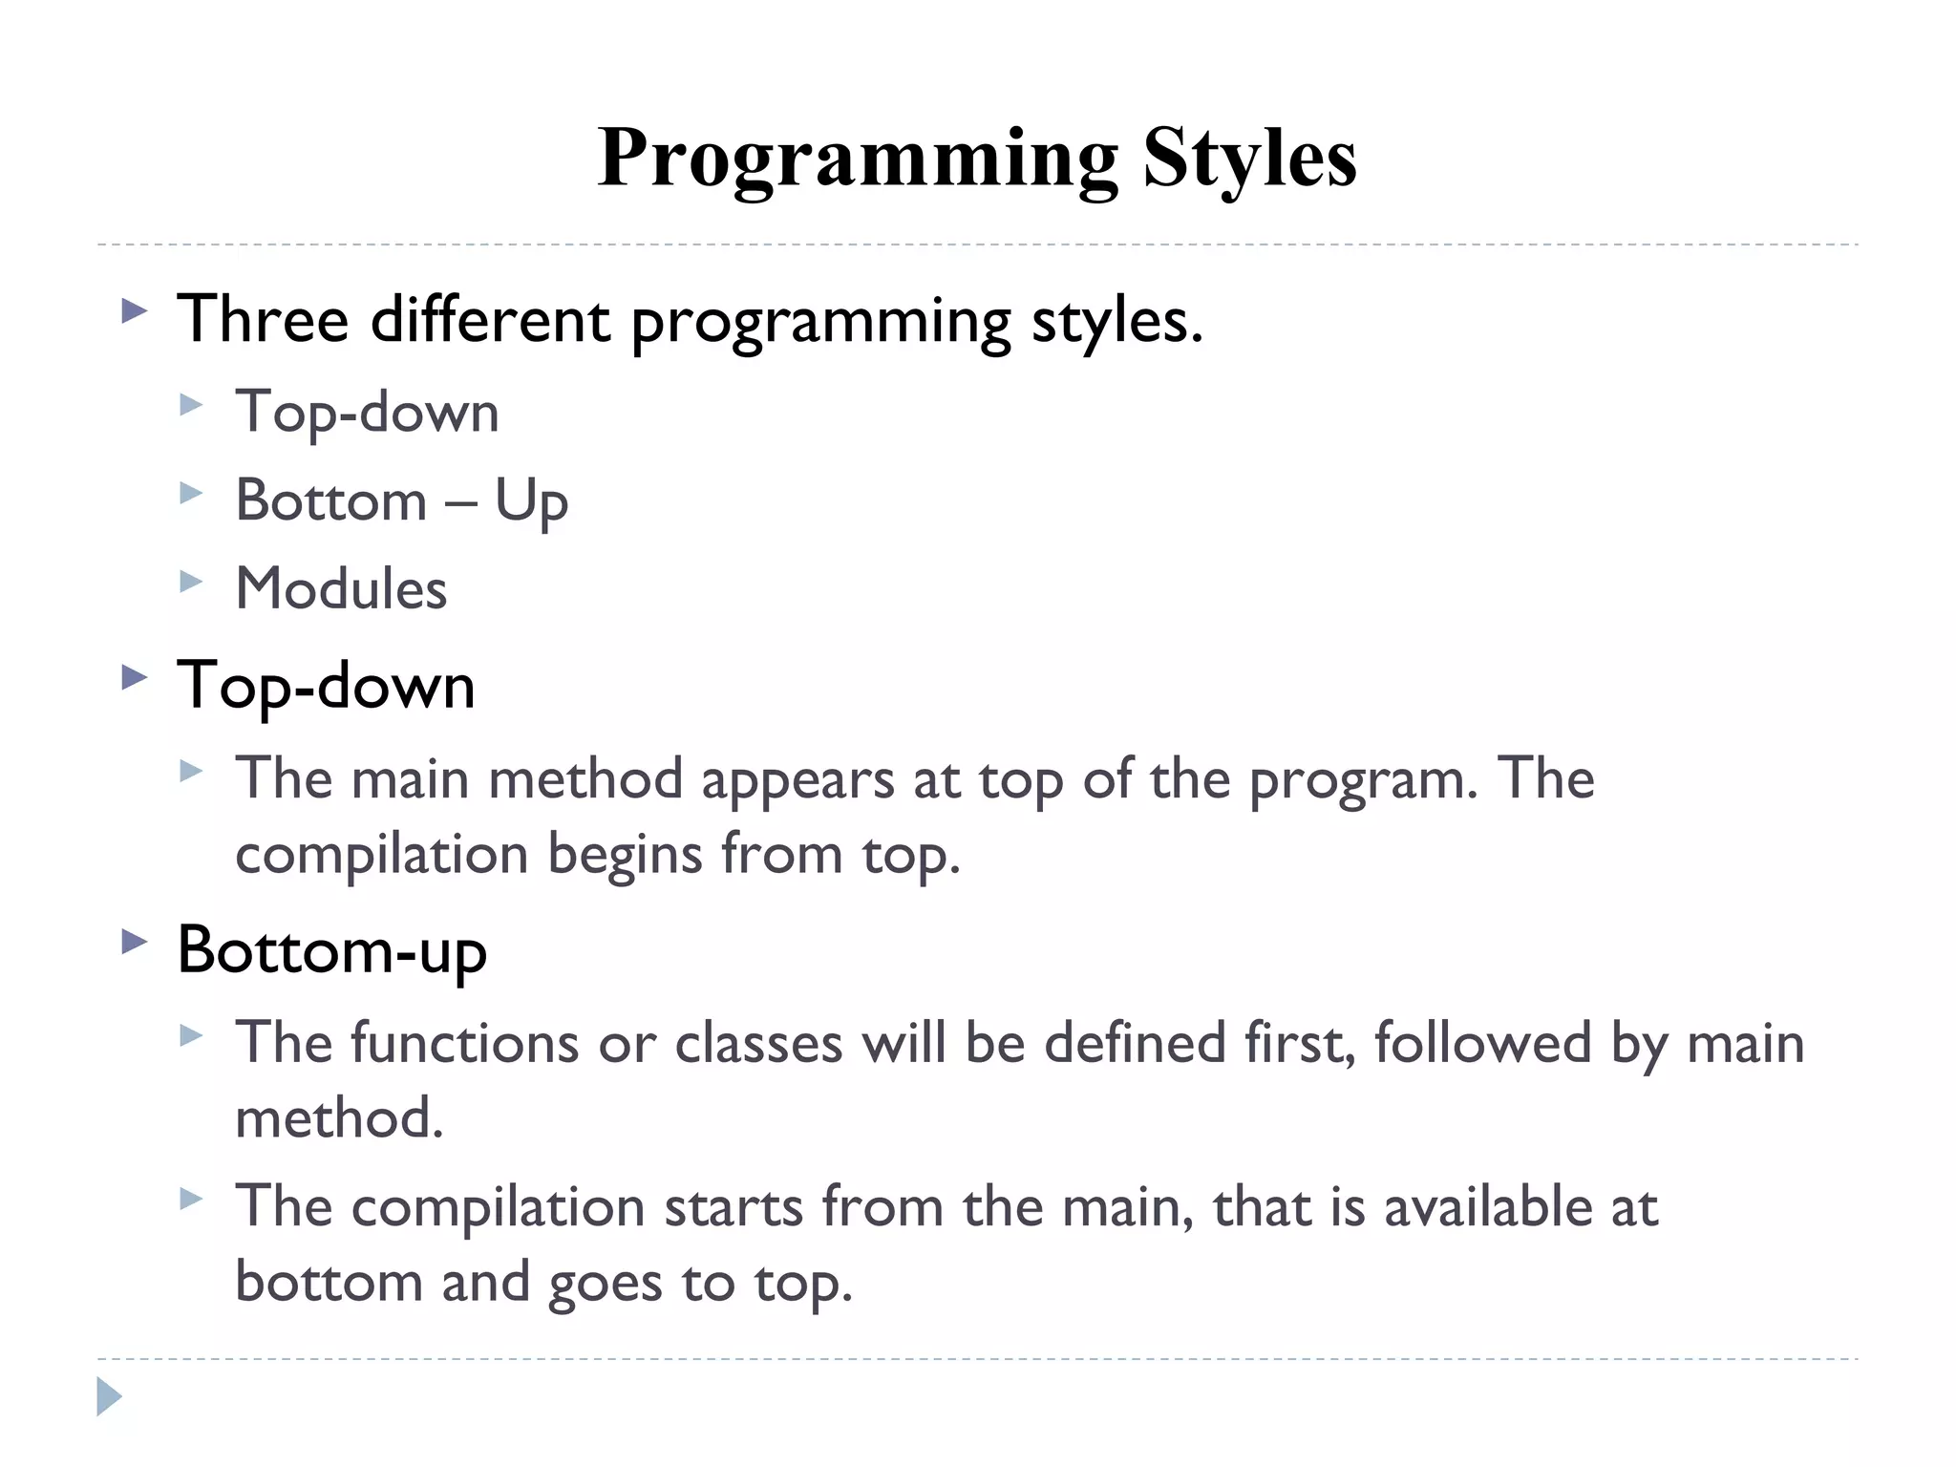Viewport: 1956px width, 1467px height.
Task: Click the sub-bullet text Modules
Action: click(x=341, y=588)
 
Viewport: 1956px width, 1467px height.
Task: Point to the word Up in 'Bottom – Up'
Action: click(x=531, y=501)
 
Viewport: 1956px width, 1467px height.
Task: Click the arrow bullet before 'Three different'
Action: click(x=135, y=311)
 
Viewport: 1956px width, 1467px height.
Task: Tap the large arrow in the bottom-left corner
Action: click(x=109, y=1396)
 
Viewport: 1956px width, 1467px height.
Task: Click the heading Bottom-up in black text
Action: click(x=331, y=951)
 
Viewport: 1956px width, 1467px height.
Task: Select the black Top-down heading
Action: click(x=326, y=686)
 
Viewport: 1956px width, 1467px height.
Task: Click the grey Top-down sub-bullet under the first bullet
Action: click(x=367, y=413)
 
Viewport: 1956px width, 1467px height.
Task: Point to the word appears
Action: click(x=797, y=779)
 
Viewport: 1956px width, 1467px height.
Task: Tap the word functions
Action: click(x=464, y=1042)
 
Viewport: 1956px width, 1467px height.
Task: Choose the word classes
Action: click(x=758, y=1042)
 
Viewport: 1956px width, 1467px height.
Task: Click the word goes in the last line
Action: click(x=605, y=1283)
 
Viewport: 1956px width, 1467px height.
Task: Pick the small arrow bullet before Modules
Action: click(x=191, y=582)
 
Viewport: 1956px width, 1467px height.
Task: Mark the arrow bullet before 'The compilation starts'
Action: click(x=191, y=1199)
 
